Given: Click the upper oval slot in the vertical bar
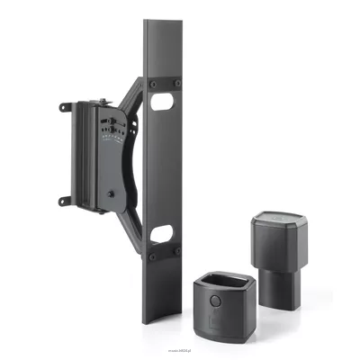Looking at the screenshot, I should [x=163, y=103].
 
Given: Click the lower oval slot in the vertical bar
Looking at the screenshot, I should [x=163, y=235].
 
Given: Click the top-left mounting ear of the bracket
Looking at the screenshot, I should [x=64, y=107].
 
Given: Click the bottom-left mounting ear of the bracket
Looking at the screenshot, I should [x=64, y=200].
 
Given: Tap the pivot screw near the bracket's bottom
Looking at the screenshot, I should [x=110, y=193].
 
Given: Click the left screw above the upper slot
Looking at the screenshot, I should [x=152, y=84].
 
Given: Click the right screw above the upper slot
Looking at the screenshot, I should [x=175, y=84].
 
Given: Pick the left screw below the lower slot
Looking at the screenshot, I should [x=152, y=255].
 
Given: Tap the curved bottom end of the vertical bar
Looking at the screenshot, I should [x=163, y=319].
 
